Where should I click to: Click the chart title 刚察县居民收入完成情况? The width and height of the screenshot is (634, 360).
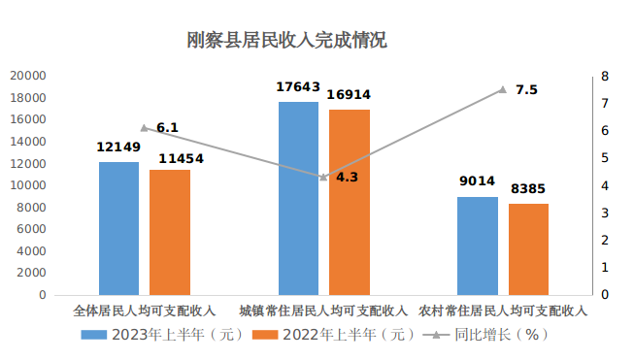(287, 41)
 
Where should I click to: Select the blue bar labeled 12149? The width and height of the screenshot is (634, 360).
(118, 228)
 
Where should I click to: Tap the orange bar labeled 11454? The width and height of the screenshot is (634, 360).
(170, 232)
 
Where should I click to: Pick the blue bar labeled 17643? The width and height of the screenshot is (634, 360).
(298, 198)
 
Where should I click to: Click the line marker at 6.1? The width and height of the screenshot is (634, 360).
(145, 128)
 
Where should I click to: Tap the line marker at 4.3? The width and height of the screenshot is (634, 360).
(323, 177)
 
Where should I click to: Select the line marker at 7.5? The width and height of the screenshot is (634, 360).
(503, 89)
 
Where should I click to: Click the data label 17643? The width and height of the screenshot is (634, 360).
(298, 88)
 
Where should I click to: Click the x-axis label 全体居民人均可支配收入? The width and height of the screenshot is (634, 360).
(145, 311)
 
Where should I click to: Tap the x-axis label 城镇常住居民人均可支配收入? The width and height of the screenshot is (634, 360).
(323, 311)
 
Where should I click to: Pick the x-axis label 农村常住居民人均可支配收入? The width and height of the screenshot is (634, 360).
(503, 311)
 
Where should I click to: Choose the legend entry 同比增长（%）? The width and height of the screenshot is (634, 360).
(485, 335)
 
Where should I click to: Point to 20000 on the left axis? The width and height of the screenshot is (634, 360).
(28, 76)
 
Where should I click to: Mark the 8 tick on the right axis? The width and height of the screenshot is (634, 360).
(605, 76)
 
